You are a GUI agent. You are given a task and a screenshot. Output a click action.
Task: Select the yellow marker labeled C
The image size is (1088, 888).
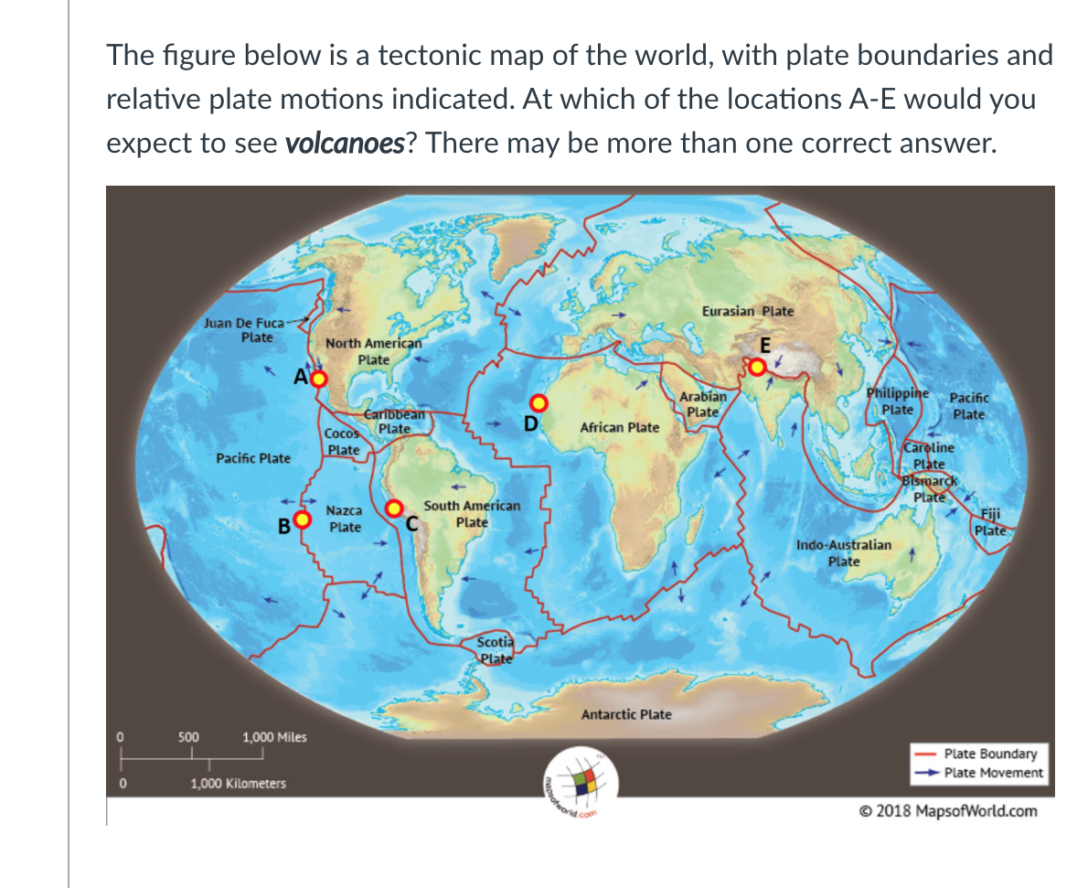click(395, 508)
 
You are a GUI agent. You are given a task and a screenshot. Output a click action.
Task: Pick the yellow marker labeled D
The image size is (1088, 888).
click(539, 402)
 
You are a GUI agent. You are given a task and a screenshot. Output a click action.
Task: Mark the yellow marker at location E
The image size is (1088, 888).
click(758, 367)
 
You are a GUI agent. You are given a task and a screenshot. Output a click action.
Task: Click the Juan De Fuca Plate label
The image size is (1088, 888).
click(243, 329)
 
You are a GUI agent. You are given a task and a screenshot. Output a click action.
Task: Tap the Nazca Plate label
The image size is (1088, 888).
click(345, 519)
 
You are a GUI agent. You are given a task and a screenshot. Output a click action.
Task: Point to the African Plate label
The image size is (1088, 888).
click(619, 427)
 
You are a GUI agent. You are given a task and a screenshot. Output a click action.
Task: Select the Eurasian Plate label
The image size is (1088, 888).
click(748, 311)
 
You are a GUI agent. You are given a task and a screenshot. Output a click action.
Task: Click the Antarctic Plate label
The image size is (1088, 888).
click(626, 714)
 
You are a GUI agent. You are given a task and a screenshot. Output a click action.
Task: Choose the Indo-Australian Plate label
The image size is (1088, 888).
click(843, 552)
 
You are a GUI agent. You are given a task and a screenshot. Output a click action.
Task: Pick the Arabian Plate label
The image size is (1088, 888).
click(703, 404)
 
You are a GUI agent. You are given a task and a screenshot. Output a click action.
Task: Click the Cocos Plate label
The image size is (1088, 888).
click(343, 441)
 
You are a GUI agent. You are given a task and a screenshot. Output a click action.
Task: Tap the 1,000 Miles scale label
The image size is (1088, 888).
click(274, 737)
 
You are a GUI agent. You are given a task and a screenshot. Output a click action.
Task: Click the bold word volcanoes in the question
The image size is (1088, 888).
click(345, 144)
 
